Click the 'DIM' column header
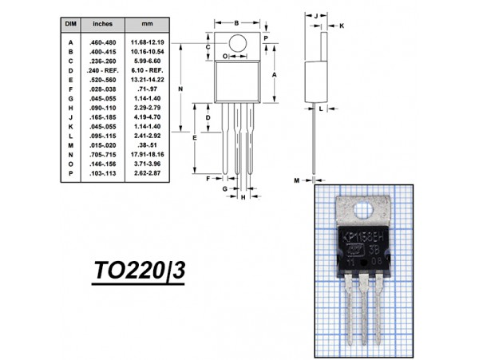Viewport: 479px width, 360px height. click(x=69, y=25)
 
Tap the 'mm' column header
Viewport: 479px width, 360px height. click(x=148, y=25)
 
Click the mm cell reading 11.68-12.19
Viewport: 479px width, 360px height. click(x=148, y=42)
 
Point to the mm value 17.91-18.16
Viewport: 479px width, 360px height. click(x=148, y=154)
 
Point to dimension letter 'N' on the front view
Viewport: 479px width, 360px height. click(x=181, y=89)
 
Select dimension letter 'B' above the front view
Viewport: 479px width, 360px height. click(x=237, y=22)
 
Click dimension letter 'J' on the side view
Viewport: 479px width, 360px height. click(x=316, y=15)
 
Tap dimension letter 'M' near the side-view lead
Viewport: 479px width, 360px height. click(x=296, y=181)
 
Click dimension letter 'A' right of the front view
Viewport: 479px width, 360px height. click(x=275, y=73)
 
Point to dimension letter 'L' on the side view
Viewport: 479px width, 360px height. click(x=320, y=109)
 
